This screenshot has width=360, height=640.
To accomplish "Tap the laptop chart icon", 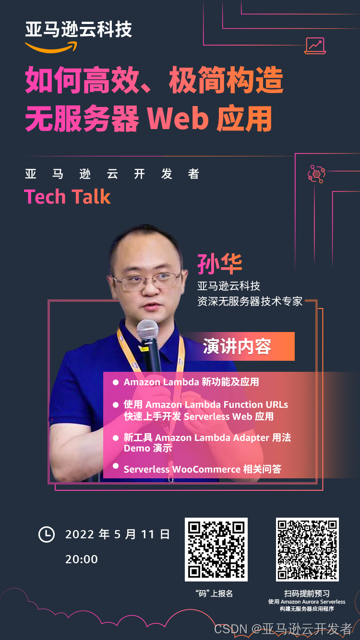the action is click(x=315, y=46).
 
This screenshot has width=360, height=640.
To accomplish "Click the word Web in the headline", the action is click(x=178, y=119).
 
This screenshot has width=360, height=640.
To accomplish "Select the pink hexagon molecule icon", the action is click(x=316, y=174).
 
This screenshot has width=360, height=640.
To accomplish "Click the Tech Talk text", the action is click(x=68, y=197).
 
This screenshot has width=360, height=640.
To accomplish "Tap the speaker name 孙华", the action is click(x=220, y=263).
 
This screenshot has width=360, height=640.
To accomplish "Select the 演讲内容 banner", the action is click(x=237, y=346).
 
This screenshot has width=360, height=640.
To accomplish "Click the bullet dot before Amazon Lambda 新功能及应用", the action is click(x=116, y=382).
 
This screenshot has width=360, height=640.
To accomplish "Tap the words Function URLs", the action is click(x=256, y=404).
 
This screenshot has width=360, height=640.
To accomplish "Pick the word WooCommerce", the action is click(x=206, y=469).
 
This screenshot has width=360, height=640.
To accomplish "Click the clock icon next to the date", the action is click(x=47, y=534).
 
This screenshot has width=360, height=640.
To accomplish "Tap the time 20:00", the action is click(x=82, y=559).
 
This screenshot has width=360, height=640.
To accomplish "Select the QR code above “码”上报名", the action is click(x=216, y=549).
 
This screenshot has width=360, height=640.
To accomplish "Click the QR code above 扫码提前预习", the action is click(x=307, y=549).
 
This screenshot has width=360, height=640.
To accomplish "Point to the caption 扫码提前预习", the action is click(x=307, y=593).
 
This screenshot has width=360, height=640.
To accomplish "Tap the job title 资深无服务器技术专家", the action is click(x=250, y=301).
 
